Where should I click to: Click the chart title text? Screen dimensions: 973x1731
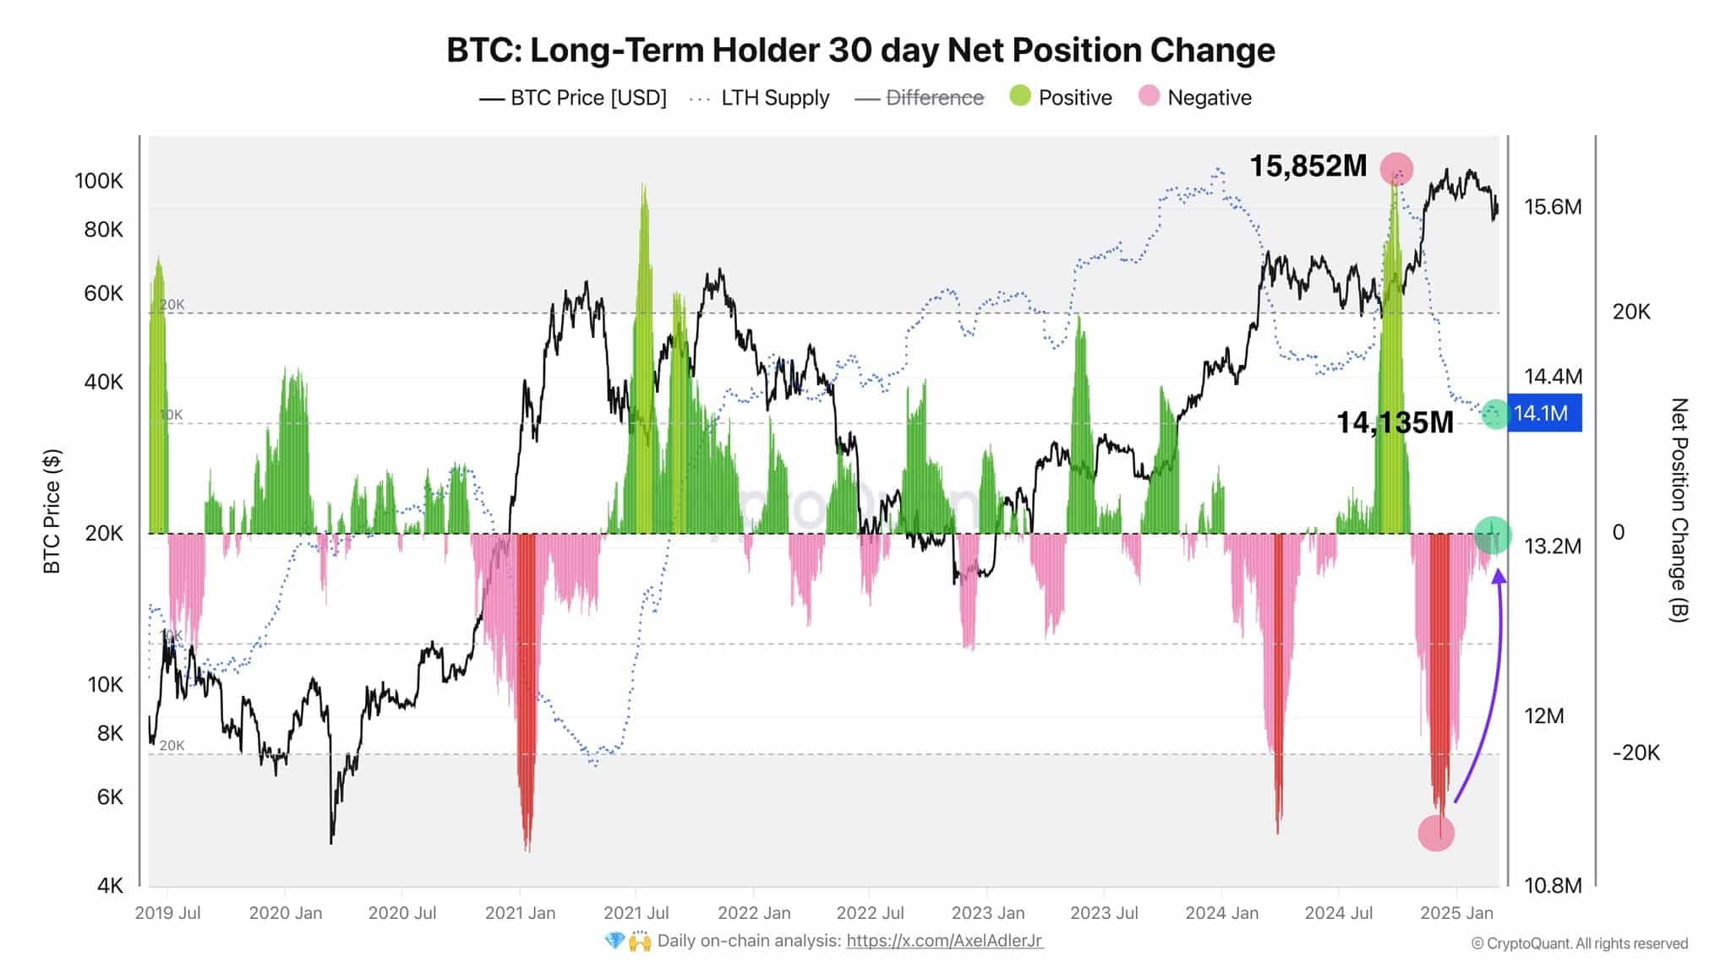click(860, 51)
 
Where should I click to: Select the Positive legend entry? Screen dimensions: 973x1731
click(1061, 97)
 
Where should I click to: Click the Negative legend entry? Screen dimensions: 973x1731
click(1195, 97)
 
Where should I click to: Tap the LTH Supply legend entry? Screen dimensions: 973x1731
click(760, 97)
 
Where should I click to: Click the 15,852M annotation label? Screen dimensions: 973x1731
click(1308, 166)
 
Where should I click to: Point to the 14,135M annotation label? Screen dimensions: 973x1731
click(1395, 422)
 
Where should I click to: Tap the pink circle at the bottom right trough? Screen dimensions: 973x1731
click(1435, 833)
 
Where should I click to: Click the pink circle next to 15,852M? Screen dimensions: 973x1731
click(1396, 169)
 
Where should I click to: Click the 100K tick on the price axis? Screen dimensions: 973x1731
click(99, 181)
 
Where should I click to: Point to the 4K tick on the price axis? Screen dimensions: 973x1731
click(110, 885)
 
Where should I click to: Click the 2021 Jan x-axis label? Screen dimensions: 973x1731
click(520, 913)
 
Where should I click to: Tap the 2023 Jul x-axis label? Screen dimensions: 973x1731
click(1103, 913)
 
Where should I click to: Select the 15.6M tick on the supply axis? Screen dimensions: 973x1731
click(1553, 207)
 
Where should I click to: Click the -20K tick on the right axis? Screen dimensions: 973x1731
click(1635, 753)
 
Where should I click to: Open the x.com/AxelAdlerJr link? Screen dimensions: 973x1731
click(944, 941)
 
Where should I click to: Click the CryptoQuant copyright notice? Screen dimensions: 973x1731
click(1579, 943)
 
